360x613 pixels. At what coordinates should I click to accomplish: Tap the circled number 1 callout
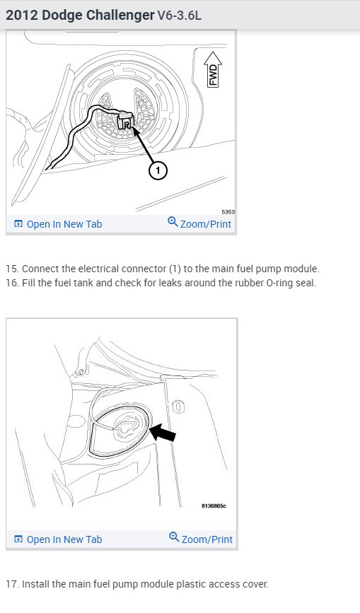[158, 170]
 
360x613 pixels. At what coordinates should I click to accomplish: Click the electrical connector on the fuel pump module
[125, 120]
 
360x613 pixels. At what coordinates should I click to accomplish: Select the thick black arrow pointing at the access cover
[163, 433]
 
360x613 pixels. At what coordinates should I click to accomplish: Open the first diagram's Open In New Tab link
[58, 224]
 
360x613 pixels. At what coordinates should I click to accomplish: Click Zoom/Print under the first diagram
[199, 223]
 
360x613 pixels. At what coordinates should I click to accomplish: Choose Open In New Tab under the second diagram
[58, 539]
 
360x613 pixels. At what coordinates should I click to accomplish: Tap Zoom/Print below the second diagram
[201, 539]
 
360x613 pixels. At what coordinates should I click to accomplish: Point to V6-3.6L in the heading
[180, 16]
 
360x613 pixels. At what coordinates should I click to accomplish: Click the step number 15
[13, 269]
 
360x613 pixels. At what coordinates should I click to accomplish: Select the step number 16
[13, 283]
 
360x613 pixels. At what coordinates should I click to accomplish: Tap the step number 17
[13, 584]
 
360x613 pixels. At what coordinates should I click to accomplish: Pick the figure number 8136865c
[214, 506]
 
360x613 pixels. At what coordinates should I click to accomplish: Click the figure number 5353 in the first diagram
[228, 212]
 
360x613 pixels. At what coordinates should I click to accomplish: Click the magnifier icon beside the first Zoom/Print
[173, 221]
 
